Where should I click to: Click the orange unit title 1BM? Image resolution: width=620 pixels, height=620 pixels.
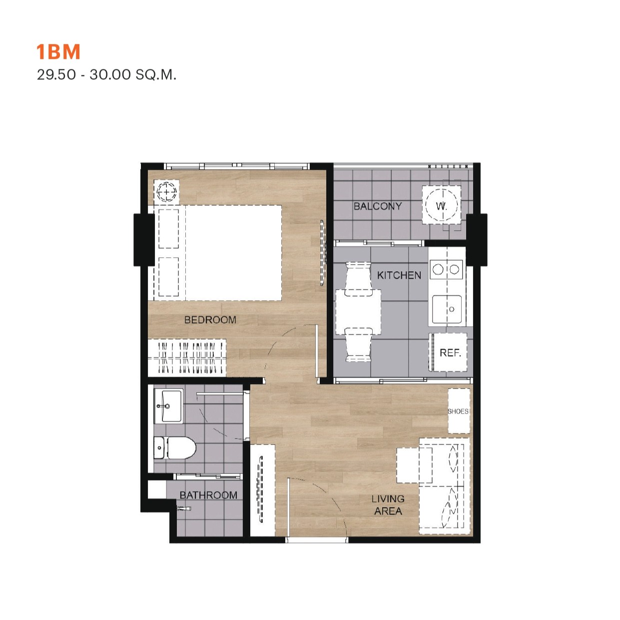[x=58, y=52]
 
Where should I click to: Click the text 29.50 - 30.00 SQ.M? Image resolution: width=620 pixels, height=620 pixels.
[x=106, y=74]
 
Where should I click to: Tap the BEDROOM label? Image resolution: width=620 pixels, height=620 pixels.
[x=210, y=319]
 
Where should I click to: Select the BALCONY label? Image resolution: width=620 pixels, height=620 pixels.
[x=378, y=206]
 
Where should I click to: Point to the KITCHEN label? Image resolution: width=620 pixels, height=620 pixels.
[x=399, y=275]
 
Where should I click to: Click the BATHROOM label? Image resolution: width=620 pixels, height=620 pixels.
[x=208, y=495]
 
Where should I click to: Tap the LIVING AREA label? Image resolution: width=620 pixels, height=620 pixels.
[x=388, y=505]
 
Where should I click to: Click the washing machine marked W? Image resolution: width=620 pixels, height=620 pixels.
[x=442, y=205]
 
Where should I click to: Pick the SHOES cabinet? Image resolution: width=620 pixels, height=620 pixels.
[x=459, y=411]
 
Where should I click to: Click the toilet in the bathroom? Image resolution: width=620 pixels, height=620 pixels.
[x=175, y=448]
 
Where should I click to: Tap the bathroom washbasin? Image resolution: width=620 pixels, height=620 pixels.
[x=168, y=406]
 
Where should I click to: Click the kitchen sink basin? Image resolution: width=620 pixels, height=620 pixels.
[x=447, y=309]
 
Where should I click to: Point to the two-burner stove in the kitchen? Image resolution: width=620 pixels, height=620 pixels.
[x=446, y=269]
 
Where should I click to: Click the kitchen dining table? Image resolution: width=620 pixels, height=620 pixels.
[x=358, y=312]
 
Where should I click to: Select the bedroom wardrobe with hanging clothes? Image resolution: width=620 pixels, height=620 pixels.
[x=187, y=357]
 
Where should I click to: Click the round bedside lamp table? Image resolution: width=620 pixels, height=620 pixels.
[x=166, y=192]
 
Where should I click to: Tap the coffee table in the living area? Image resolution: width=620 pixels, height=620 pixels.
[x=414, y=466]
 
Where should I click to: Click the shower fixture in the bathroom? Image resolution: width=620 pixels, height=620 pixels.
[x=184, y=509]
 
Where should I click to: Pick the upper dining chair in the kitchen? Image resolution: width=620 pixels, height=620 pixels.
[x=358, y=279]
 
